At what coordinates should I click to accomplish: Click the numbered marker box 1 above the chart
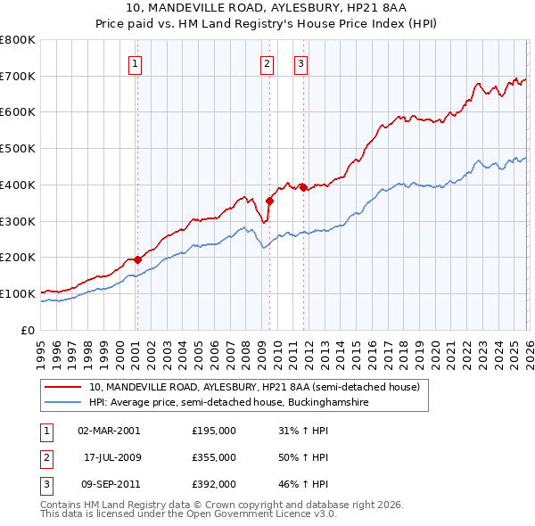pyautogui.click(x=135, y=63)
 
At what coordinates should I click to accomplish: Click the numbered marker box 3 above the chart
pyautogui.click(x=301, y=63)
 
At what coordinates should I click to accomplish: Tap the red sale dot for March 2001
pyautogui.click(x=137, y=259)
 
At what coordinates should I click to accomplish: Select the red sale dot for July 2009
pyautogui.click(x=269, y=201)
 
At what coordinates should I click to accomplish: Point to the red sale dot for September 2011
pyautogui.click(x=303, y=187)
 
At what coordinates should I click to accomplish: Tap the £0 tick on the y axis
pyautogui.click(x=29, y=330)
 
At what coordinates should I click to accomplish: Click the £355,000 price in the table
pyautogui.click(x=214, y=457)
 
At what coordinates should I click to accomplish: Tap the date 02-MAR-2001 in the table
pyautogui.click(x=109, y=431)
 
